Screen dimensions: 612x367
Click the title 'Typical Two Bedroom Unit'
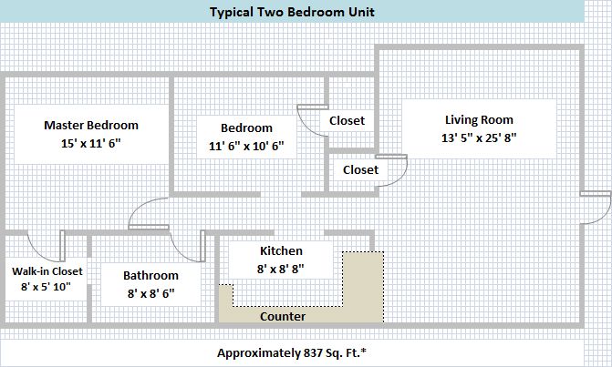coord(292,12)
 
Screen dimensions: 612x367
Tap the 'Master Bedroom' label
coord(91,125)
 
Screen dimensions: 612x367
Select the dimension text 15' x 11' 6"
coord(91,143)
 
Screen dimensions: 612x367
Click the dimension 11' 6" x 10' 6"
coord(246,146)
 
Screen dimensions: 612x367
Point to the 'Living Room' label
coord(479,119)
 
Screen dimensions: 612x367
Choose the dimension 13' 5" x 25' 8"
coord(479,138)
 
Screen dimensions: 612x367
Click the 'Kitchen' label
coord(281,251)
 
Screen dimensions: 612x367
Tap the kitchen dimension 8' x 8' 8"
coord(281,269)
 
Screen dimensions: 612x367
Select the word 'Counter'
coord(283,316)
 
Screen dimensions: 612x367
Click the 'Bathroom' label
coord(150,275)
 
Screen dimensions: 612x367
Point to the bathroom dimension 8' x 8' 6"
coord(150,293)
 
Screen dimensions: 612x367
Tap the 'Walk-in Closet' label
coord(47,271)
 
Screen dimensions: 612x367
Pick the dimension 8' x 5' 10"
coord(46,287)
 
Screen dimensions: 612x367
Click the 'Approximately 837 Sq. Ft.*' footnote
coord(292,353)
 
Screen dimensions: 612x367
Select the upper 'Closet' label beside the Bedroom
coord(347,121)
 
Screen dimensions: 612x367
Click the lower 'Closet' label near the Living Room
coord(360,170)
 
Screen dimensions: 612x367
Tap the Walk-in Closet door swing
coord(38,253)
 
